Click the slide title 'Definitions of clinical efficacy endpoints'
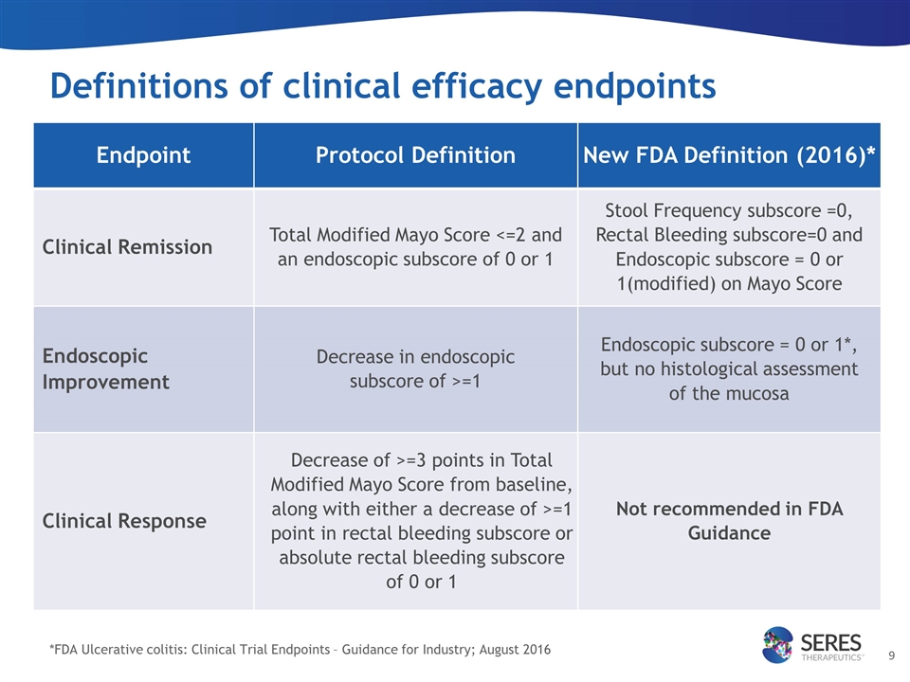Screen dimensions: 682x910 [x=382, y=86]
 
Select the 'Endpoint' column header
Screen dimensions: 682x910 [x=143, y=155]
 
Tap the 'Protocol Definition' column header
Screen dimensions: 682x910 [x=415, y=155]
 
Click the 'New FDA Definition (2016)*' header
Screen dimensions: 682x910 [x=729, y=155]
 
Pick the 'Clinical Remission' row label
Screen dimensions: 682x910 [x=127, y=247]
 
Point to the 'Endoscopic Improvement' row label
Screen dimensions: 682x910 [x=105, y=368]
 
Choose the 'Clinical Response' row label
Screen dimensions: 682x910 [x=124, y=521]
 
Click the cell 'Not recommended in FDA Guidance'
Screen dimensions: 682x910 [x=729, y=521]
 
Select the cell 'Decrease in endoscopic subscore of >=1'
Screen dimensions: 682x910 [x=415, y=368]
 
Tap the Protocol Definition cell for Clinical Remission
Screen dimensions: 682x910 [x=415, y=246]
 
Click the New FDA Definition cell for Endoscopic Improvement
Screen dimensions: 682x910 [x=729, y=368]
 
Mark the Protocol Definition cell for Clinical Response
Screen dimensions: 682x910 [x=415, y=520]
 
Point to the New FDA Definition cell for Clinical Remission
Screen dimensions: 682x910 [x=729, y=246]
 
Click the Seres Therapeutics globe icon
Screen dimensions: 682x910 [x=781, y=644]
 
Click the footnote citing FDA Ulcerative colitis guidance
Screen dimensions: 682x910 [x=300, y=649]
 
